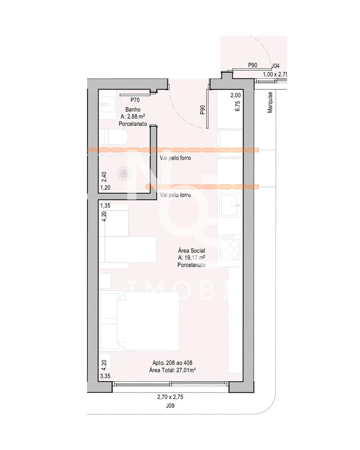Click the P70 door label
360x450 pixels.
[135, 100]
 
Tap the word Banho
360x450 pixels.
[133, 109]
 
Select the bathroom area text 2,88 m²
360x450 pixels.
[136, 116]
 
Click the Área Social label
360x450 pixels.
[191, 251]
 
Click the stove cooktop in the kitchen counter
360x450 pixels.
[230, 246]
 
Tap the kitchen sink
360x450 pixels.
[230, 205]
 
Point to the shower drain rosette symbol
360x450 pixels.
[124, 173]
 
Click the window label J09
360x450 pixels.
[170, 406]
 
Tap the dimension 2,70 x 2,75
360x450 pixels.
[170, 397]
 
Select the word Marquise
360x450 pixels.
[270, 102]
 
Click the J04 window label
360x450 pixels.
[275, 66]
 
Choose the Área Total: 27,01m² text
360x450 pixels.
[173, 370]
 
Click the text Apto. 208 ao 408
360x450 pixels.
[173, 363]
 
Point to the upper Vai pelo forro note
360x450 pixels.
[175, 158]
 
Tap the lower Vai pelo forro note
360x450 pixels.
[175, 195]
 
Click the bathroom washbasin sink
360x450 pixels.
[107, 105]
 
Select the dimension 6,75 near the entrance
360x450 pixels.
[238, 106]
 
